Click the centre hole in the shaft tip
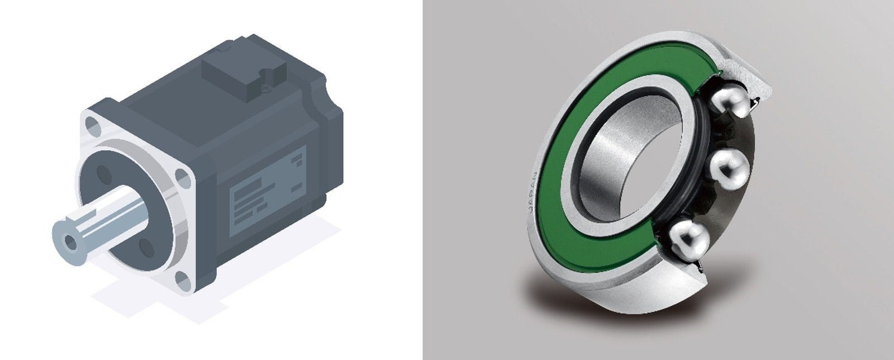point(69,241)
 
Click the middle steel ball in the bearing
point(728,169)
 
